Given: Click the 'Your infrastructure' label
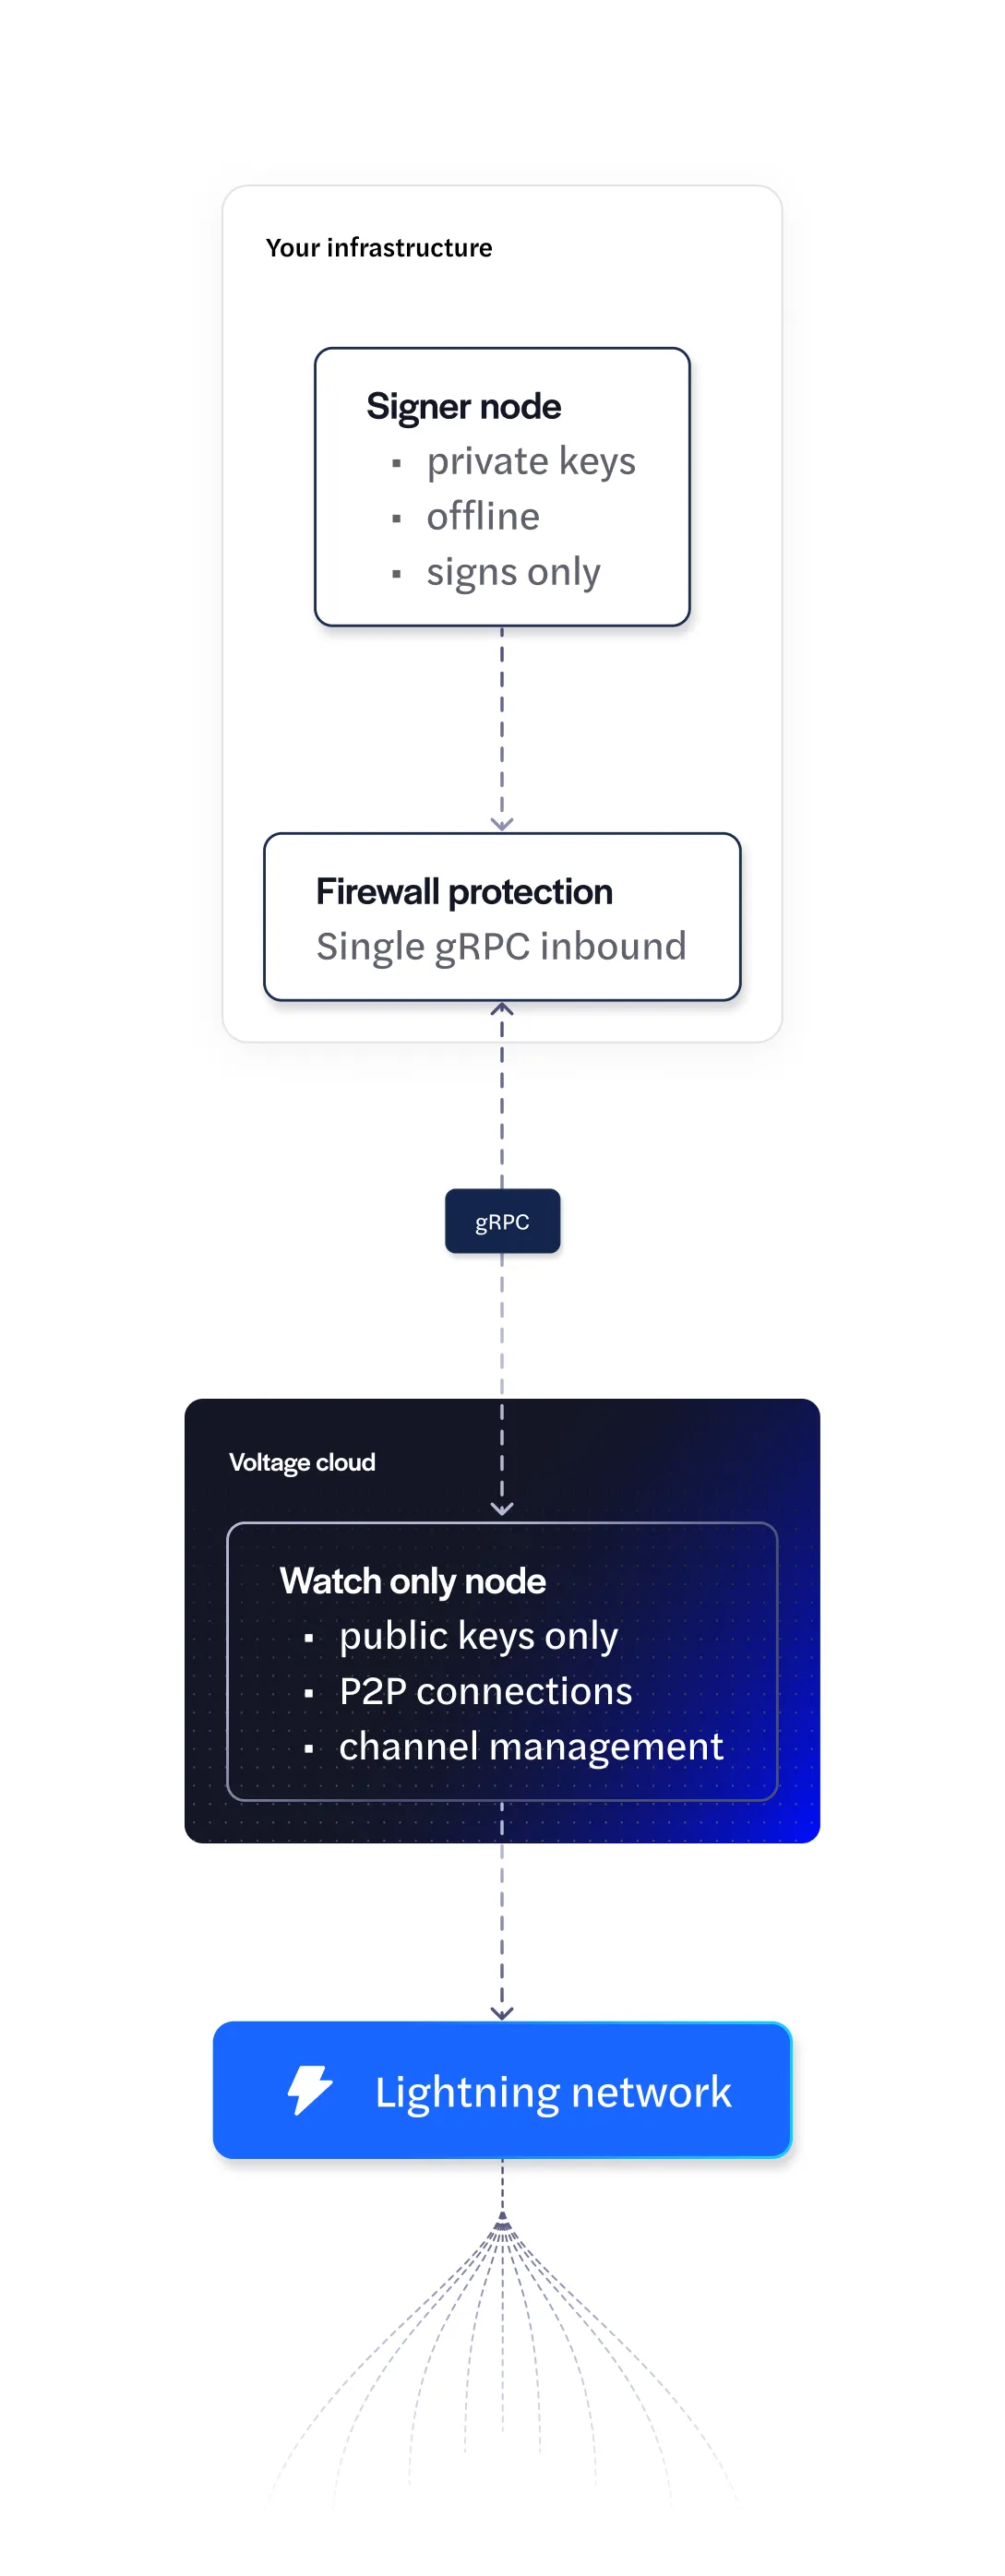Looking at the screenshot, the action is [379, 247].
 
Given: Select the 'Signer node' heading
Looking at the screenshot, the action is [463, 406].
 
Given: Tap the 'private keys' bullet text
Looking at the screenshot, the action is [531, 462].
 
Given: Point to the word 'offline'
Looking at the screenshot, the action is [483, 516].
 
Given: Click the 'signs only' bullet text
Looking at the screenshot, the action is [513, 573].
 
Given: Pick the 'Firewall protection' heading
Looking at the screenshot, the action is [464, 891].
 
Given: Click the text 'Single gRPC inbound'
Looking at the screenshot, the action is [501, 947].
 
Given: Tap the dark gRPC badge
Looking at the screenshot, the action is [502, 1221].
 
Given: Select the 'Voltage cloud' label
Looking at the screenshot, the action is [302, 1462].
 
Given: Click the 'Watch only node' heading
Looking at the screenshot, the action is [413, 1581].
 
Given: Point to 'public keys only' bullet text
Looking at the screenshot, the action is [478, 1637].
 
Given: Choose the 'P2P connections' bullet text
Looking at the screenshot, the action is [485, 1691].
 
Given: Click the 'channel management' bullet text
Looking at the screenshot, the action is [531, 1747].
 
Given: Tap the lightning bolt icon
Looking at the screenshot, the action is [310, 2090].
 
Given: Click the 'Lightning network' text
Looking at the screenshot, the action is [553, 2093].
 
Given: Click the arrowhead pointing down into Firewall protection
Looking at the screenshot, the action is [502, 824].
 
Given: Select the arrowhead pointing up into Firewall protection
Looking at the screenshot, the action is [502, 1008].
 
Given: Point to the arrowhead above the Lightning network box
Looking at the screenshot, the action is [502, 2013].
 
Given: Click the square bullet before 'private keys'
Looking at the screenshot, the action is [397, 464].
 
